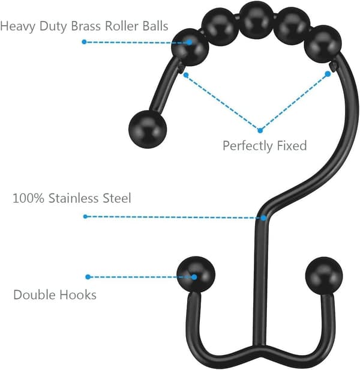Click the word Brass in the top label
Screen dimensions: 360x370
pos(86,26)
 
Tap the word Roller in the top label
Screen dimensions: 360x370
pos(122,26)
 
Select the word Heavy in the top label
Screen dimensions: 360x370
pos(18,26)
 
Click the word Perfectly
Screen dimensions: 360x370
pos(248,145)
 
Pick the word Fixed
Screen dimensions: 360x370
pos(292,145)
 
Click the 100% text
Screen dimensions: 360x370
pos(28,198)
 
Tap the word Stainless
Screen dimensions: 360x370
pos(74,198)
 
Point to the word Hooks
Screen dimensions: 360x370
pos(78,295)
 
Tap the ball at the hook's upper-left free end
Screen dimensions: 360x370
pos(148,129)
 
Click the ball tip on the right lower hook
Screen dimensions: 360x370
pos(324,275)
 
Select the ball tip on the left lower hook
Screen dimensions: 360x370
pos(196,274)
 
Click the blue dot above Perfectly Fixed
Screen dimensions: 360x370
pos(260,130)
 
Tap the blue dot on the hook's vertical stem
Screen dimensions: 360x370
pos(263,218)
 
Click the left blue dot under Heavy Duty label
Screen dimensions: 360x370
pos(84,42)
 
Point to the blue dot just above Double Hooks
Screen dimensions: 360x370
pos(88,277)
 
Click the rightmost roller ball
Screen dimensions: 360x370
pos(323,44)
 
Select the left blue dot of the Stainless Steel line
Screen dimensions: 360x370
pos(85,216)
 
